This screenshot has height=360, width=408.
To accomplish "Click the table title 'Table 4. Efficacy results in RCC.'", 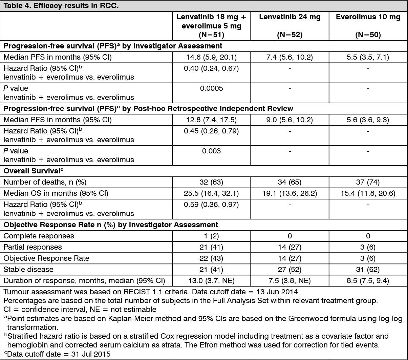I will pyautogui.click(x=61, y=6).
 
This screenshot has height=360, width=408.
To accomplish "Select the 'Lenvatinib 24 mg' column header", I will pyautogui.click(x=289, y=17).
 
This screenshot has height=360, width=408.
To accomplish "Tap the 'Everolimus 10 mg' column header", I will pyautogui.click(x=368, y=17).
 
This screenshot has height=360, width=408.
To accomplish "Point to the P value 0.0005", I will pyautogui.click(x=211, y=88).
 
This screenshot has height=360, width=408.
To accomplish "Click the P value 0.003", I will pyautogui.click(x=211, y=151).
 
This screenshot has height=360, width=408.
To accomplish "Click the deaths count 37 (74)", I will pyautogui.click(x=368, y=182).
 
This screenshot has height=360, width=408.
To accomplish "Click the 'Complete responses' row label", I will pyautogui.click(x=39, y=236).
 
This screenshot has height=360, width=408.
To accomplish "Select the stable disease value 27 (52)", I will pyautogui.click(x=289, y=270).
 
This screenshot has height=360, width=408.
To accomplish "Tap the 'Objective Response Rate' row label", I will pyautogui.click(x=46, y=258).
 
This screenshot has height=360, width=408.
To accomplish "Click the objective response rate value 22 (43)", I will pyautogui.click(x=211, y=258).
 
